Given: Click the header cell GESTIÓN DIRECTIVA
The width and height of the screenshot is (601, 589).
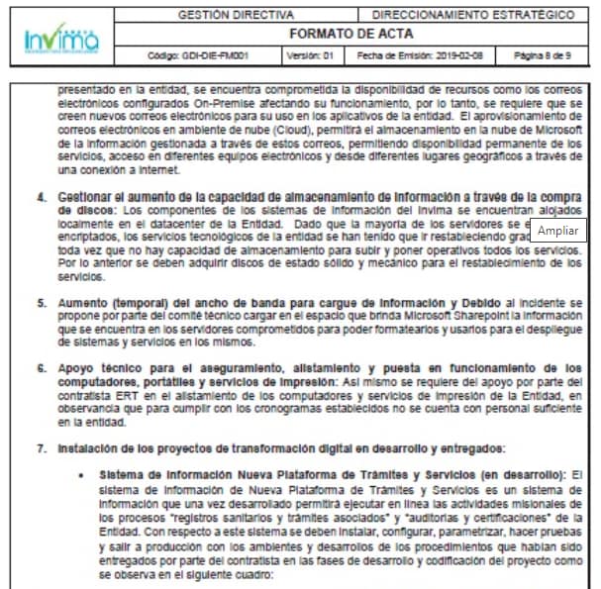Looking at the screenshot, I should point(235,16).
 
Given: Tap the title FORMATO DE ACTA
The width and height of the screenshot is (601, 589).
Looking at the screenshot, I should point(353,34).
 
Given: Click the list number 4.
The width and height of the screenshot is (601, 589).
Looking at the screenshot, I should point(42,198).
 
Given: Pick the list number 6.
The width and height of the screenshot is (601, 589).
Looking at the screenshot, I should point(42,368).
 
